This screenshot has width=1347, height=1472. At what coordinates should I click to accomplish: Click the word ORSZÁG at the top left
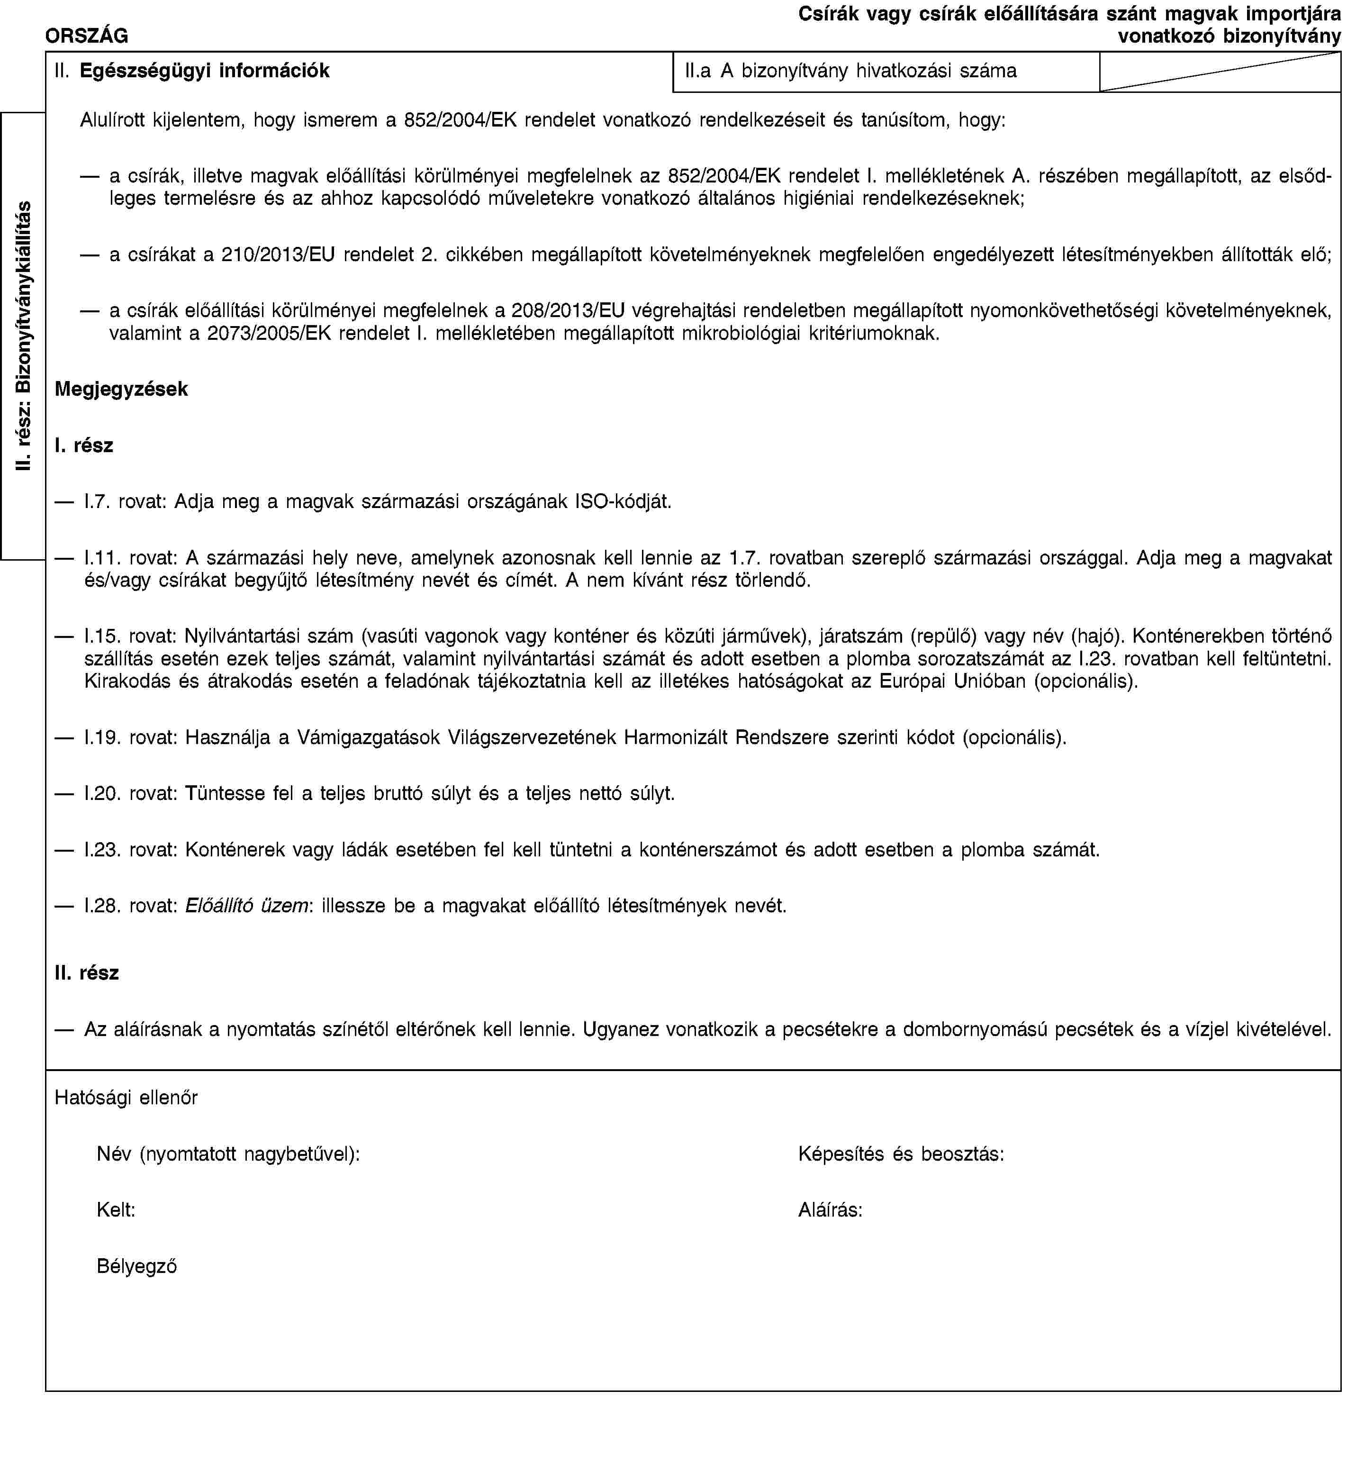87,35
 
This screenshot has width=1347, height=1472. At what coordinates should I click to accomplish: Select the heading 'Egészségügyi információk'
204,71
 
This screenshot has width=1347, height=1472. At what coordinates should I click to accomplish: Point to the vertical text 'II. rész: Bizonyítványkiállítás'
24,336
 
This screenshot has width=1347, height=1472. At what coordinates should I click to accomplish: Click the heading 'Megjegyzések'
121,389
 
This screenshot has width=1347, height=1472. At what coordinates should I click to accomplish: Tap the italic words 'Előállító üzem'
245,906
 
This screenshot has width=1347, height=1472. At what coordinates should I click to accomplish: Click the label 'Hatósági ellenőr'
126,1098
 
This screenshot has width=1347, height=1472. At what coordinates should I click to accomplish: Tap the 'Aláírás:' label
830,1210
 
